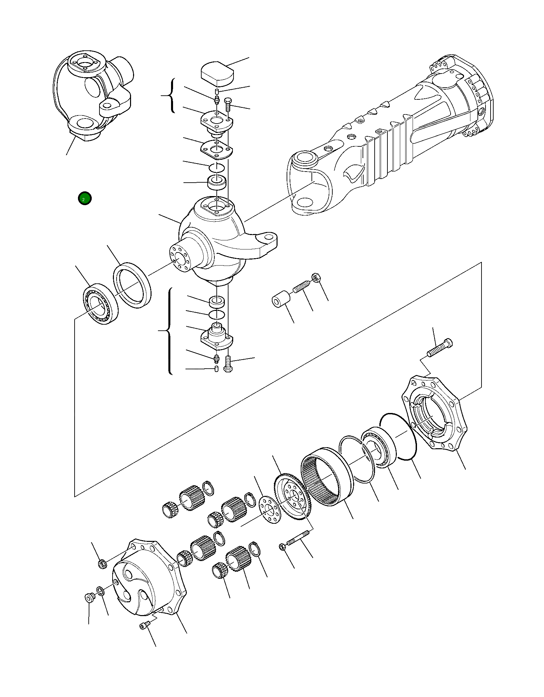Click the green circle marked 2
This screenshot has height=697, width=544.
84,198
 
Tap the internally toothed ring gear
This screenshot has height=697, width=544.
326,476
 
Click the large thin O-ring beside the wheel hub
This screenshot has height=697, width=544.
398,437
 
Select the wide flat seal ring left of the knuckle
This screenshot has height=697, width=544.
132,285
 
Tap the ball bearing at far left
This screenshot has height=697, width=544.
100,304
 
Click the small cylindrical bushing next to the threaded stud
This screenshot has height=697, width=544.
281,299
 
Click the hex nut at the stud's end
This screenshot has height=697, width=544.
316,278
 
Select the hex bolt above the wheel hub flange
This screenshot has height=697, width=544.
439,348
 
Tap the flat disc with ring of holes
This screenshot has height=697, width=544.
269,509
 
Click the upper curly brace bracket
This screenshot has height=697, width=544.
171,96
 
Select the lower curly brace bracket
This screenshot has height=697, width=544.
169,331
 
